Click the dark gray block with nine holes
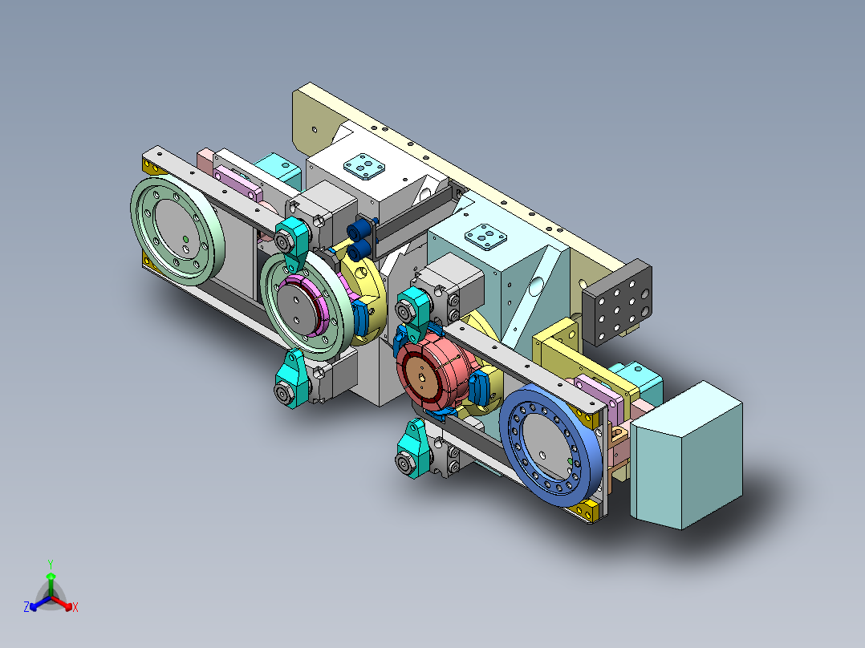(617, 302)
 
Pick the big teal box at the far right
(686, 456)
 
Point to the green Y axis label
(51, 564)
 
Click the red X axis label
(75, 607)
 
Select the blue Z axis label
(26, 607)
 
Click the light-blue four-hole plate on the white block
(364, 167)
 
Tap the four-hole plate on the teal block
(485, 237)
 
